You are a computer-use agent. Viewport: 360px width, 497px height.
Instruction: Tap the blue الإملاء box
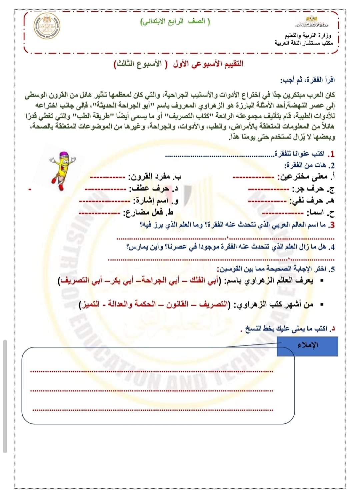[307, 346]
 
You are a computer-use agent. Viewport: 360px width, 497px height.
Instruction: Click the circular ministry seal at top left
[47, 28]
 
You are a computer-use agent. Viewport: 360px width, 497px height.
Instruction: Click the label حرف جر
[312, 189]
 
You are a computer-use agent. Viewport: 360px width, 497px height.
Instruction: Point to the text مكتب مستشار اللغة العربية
[304, 43]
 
